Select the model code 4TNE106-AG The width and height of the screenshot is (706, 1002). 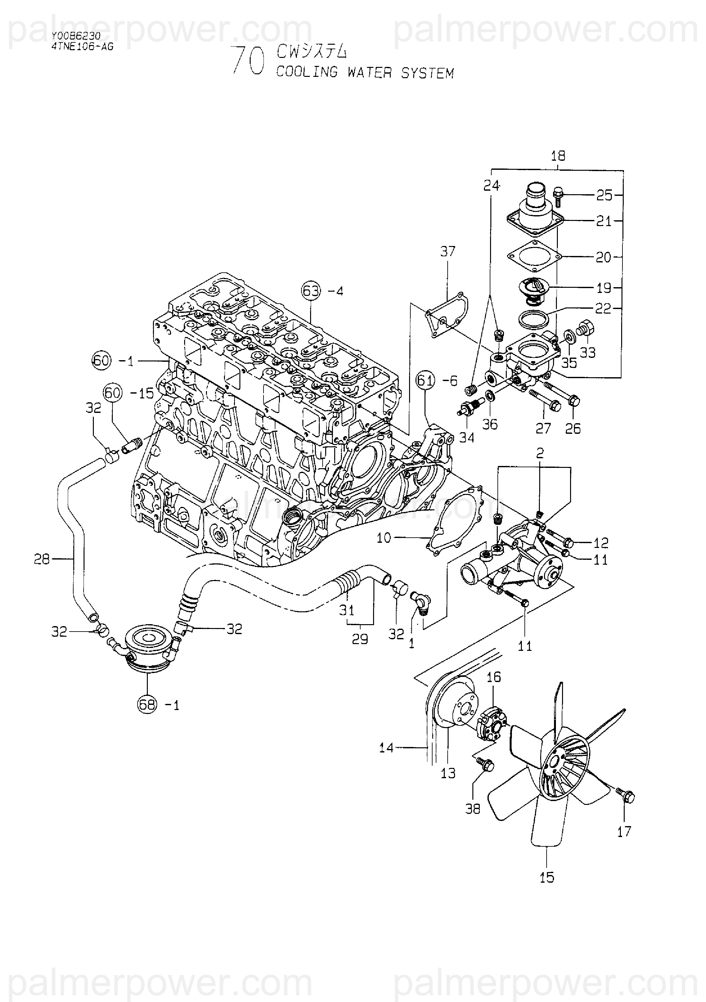(x=82, y=47)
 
